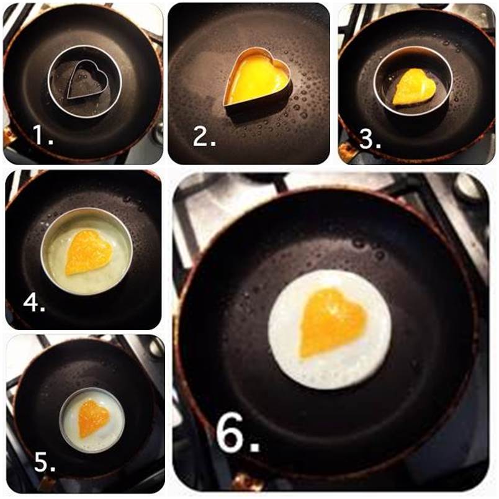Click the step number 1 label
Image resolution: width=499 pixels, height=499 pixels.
43,135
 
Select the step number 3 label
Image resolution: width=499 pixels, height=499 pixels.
370,140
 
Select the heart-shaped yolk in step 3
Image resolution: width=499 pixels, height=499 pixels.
414,86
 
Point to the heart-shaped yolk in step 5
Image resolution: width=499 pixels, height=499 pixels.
93,418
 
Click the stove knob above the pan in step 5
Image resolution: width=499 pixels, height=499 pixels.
156,348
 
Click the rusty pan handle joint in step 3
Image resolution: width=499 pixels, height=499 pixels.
347,150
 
